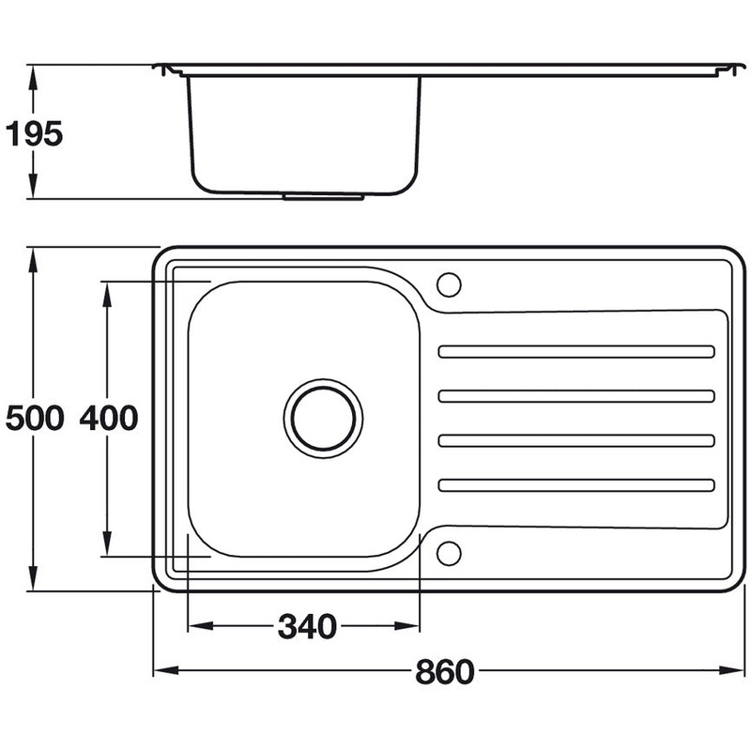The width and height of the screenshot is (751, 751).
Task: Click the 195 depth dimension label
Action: [34, 133]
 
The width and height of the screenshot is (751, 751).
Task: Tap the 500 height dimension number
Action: [34, 418]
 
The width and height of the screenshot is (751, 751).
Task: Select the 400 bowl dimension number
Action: [109, 418]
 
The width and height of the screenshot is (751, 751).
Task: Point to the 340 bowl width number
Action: [307, 626]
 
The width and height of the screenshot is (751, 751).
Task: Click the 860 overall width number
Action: [444, 671]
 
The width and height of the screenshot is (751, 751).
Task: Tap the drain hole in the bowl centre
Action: [323, 419]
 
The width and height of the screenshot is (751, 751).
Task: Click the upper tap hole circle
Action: [449, 284]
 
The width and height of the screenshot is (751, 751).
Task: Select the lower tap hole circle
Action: [449, 553]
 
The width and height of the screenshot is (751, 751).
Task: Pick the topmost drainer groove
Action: [576, 351]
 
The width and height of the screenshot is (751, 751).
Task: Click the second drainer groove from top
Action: [576, 396]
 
